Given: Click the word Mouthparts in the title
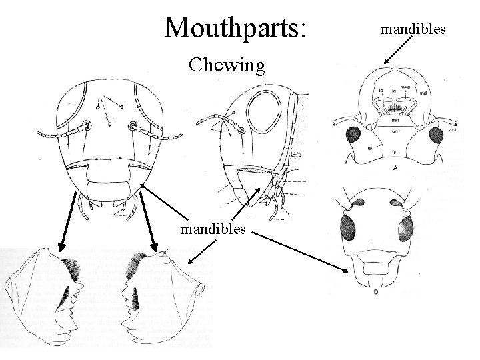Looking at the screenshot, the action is tap(236, 26).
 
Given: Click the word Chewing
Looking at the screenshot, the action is tap(227, 65).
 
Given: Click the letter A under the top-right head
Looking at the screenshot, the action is tap(396, 168).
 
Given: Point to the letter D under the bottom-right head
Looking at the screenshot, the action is tap(376, 291).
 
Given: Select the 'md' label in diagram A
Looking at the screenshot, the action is tap(423, 94).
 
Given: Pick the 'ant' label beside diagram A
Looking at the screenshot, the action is tap(454, 131).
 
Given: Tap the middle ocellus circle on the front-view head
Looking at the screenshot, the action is tap(108, 123).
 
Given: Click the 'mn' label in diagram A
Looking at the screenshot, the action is tap(395, 121).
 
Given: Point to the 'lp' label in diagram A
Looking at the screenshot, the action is tap(381, 90).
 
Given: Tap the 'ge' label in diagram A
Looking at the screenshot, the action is tap(370, 147).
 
